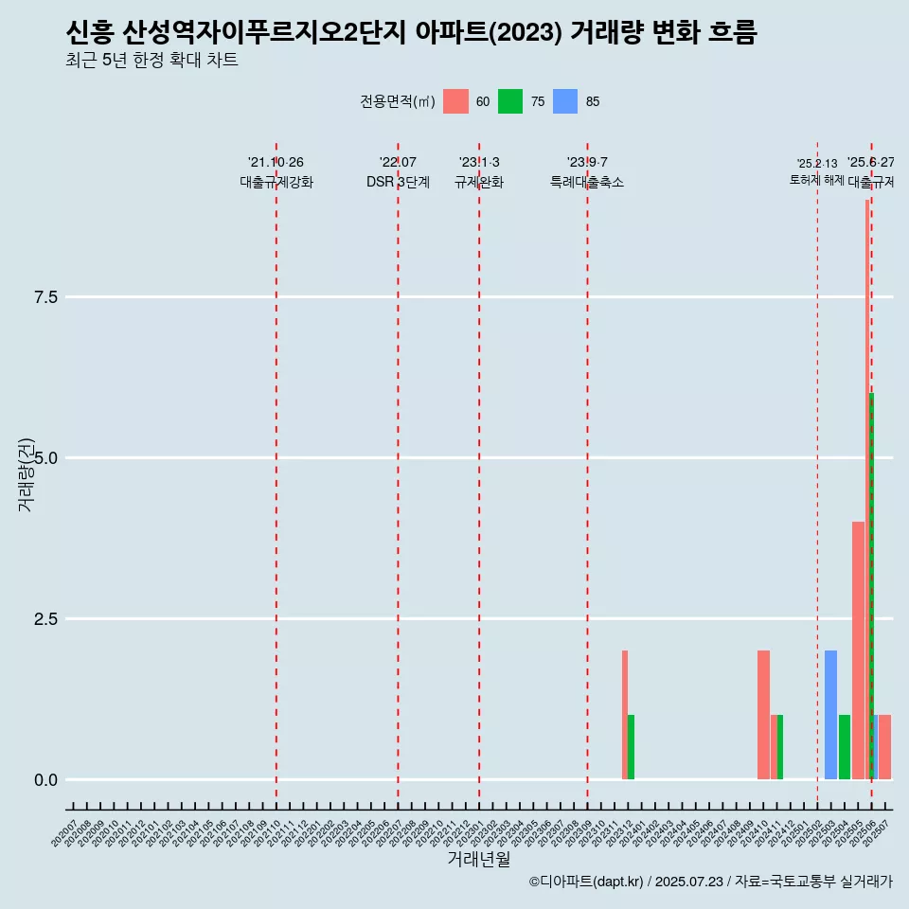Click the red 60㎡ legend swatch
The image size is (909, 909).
pyautogui.click(x=455, y=101)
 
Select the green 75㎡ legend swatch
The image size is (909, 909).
pyautogui.click(x=510, y=101)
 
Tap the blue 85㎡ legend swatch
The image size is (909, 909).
pyautogui.click(x=565, y=101)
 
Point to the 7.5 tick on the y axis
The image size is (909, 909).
pyautogui.click(x=46, y=297)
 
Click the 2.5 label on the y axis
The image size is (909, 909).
pyautogui.click(x=46, y=619)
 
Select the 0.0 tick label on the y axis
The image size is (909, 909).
pyautogui.click(x=46, y=780)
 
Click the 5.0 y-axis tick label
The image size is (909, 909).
pyautogui.click(x=46, y=458)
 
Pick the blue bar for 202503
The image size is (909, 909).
pyautogui.click(x=830, y=715)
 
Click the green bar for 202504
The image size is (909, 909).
pyautogui.click(x=845, y=747)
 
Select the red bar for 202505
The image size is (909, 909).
pyautogui.click(x=858, y=651)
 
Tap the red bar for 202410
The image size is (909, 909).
pyautogui.click(x=763, y=715)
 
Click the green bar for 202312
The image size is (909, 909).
pyautogui.click(x=632, y=747)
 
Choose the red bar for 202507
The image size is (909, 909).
pyautogui.click(x=885, y=747)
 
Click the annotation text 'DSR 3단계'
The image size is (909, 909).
pyautogui.click(x=398, y=182)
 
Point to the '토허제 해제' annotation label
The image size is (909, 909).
pyautogui.click(x=816, y=180)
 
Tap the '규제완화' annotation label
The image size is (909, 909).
pyautogui.click(x=479, y=182)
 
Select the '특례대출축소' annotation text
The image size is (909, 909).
pyautogui.click(x=587, y=182)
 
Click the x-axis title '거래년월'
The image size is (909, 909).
pyautogui.click(x=479, y=859)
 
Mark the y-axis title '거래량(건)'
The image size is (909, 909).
pyautogui.click(x=26, y=474)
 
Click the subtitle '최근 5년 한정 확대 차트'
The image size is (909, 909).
pyautogui.click(x=151, y=61)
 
